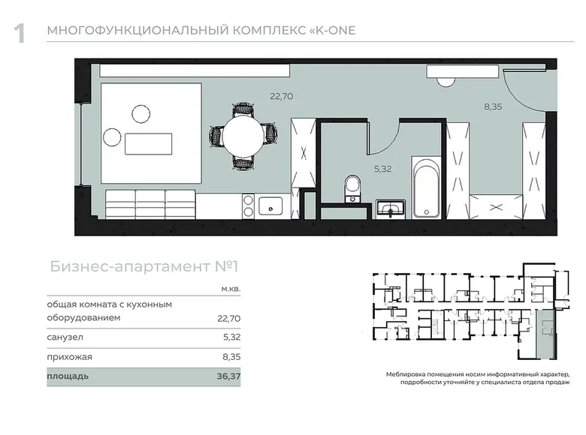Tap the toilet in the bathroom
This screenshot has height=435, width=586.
[352, 188]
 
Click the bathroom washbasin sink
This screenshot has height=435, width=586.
[391, 208]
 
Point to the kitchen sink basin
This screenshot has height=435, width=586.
[270, 206]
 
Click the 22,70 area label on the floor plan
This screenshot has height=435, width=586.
[282, 96]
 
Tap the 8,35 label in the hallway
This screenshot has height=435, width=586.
[493, 106]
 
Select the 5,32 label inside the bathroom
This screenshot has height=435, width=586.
[382, 169]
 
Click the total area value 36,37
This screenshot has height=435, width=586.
[228, 376]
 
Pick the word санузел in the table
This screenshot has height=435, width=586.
[65, 337]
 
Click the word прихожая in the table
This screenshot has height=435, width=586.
[69, 357]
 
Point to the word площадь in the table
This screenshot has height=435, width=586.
[68, 376]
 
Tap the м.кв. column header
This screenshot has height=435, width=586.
[231, 289]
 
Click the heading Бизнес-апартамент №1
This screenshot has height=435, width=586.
[144, 266]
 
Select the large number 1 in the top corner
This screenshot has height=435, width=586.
[20, 33]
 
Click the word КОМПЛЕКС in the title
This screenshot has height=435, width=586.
[269, 30]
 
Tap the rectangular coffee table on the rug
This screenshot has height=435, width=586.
[148, 144]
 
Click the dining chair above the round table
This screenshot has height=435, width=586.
[243, 109]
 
